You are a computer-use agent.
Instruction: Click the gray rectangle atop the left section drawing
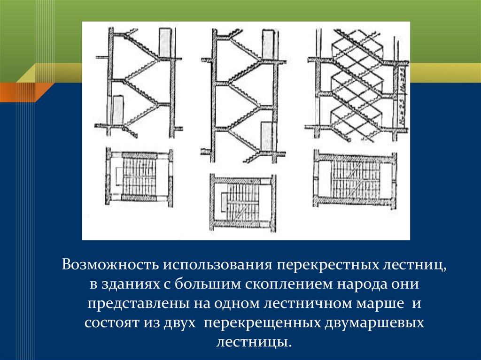point(165,43)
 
